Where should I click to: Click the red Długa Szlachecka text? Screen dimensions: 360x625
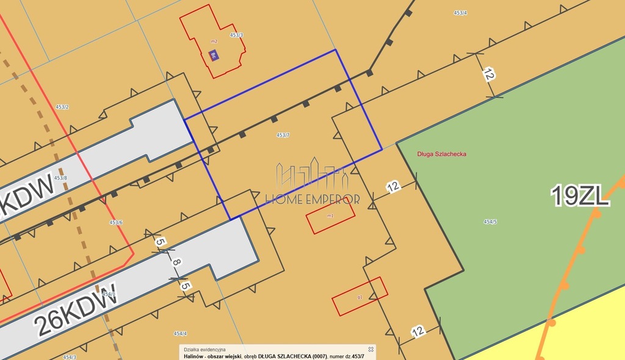coord(441,154)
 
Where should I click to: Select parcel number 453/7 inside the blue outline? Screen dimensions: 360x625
coord(283,135)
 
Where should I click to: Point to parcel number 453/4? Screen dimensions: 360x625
coord(461,13)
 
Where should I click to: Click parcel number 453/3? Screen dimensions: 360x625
coord(237,35)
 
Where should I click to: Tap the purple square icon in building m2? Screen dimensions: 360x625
coord(213,56)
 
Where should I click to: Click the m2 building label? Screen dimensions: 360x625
coord(214,41)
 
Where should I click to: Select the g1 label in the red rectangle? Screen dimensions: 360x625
coord(360,297)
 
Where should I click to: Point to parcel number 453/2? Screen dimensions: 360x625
coord(62,107)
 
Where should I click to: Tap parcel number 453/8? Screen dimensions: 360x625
coord(60,178)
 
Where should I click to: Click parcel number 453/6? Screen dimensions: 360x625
coord(116,223)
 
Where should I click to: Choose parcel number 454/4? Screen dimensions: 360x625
coord(180,334)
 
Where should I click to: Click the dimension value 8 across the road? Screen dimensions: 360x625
coord(176,262)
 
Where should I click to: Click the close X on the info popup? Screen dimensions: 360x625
coord(370,350)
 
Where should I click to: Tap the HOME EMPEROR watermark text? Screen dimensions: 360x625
coord(312,199)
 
